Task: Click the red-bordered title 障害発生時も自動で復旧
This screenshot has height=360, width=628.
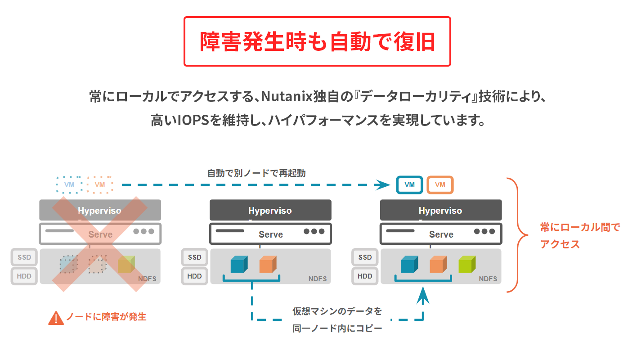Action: pyautogui.click(x=317, y=42)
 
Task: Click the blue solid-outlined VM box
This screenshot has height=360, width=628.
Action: pyautogui.click(x=409, y=185)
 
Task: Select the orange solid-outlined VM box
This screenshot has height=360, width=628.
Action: pyautogui.click(x=440, y=185)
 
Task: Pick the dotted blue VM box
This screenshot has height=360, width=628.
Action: pyautogui.click(x=69, y=185)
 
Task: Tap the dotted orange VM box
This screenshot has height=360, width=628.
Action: pyautogui.click(x=100, y=185)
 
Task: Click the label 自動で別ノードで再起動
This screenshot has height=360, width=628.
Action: pyautogui.click(x=256, y=173)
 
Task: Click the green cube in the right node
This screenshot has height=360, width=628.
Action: pyautogui.click(x=467, y=265)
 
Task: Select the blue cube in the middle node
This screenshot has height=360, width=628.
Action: pyautogui.click(x=239, y=265)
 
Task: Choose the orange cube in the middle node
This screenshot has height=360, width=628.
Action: pyautogui.click(x=268, y=265)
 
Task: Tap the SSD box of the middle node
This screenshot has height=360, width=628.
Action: pyautogui.click(x=195, y=257)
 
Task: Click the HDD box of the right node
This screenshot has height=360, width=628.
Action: pyautogui.click(x=365, y=276)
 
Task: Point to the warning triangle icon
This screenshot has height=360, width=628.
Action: pyautogui.click(x=56, y=318)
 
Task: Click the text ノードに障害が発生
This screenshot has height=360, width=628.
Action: pyautogui.click(x=106, y=317)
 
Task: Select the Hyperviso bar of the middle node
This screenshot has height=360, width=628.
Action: pyautogui.click(x=270, y=210)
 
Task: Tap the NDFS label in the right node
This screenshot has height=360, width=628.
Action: pyautogui.click(x=488, y=279)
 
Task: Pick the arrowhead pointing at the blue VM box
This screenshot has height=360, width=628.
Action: pyautogui.click(x=384, y=185)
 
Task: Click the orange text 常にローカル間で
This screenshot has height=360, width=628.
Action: pyautogui.click(x=580, y=228)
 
